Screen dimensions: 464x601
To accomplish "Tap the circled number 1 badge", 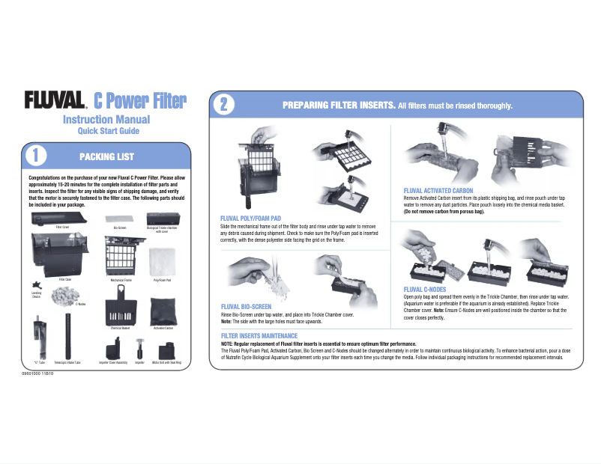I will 35,156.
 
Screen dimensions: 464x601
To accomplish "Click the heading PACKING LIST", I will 107,156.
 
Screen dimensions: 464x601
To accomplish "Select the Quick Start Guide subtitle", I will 109,131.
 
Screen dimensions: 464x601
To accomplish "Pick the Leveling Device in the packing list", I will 36,285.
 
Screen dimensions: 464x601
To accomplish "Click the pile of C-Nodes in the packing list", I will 61,296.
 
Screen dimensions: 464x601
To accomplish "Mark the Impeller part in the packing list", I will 139,347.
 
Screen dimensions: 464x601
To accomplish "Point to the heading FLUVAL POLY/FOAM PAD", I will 251,218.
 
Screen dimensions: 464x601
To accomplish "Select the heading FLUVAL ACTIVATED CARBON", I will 438,190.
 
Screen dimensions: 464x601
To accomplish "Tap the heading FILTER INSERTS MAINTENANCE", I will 259,335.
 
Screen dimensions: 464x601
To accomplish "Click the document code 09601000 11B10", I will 43,373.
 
